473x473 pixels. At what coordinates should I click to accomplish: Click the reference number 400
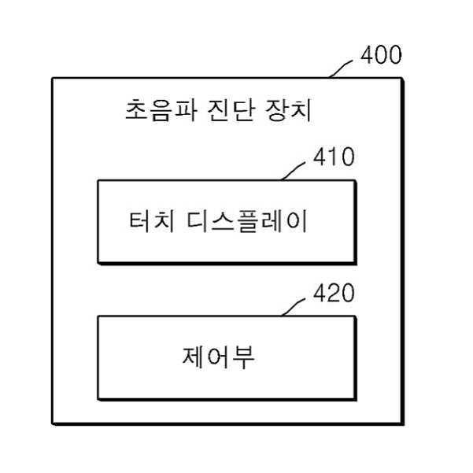(x=381, y=56)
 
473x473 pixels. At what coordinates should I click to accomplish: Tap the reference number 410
(x=334, y=157)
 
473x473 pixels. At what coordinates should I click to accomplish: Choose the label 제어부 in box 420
(x=226, y=359)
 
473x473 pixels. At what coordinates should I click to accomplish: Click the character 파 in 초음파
(x=183, y=109)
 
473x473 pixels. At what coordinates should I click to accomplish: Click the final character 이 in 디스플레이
(x=297, y=221)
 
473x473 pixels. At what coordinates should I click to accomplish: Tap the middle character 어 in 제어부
(x=226, y=359)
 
